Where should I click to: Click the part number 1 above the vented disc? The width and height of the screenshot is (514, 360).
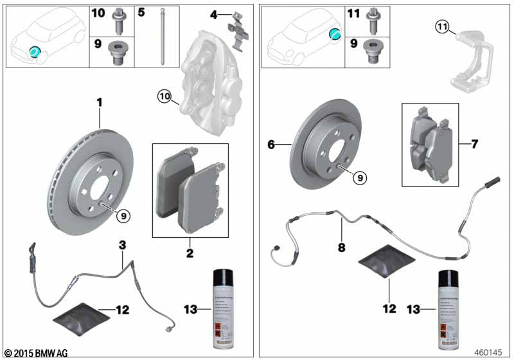point(100,102)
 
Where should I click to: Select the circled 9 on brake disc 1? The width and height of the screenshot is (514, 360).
point(121,216)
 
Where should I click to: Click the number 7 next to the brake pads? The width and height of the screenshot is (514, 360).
point(474,144)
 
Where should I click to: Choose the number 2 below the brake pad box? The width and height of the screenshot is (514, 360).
point(190,253)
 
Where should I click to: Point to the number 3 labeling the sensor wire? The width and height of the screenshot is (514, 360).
point(122,244)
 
